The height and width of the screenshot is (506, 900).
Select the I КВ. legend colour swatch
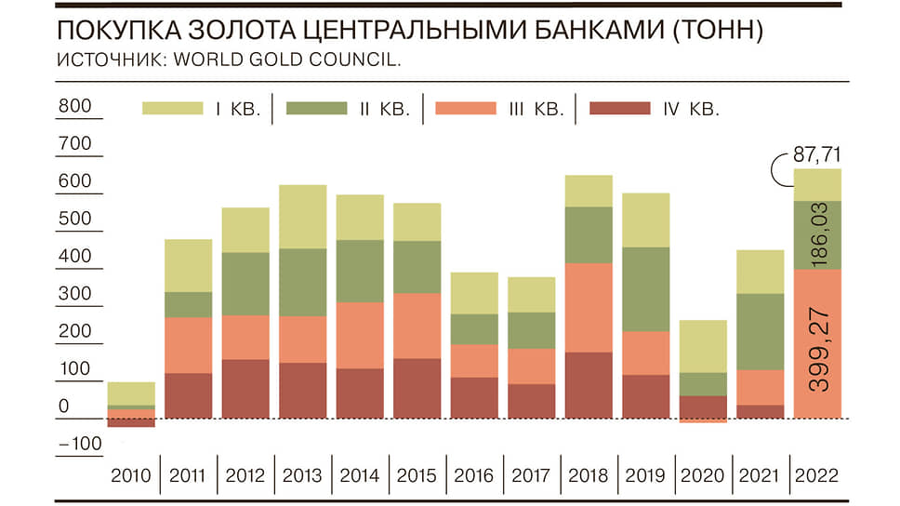click(173, 109)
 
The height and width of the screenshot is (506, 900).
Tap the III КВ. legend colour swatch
click(466, 109)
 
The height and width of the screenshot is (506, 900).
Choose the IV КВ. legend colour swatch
click(620, 109)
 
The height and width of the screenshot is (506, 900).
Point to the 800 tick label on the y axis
click(74, 106)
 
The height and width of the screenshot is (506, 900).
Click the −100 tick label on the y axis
click(78, 443)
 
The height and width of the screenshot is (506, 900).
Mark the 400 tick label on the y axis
click(74, 256)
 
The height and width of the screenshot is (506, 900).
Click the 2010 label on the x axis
click(131, 475)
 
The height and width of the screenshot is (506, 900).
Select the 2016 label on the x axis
click(473, 475)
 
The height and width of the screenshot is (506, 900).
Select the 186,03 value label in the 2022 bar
click(818, 235)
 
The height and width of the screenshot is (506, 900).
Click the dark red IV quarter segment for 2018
click(588, 385)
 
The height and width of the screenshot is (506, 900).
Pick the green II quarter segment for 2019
click(644, 288)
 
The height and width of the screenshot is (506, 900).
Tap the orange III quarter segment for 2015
click(417, 326)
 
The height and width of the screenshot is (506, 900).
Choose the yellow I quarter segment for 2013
click(303, 217)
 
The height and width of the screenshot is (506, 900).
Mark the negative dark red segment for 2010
click(131, 423)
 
